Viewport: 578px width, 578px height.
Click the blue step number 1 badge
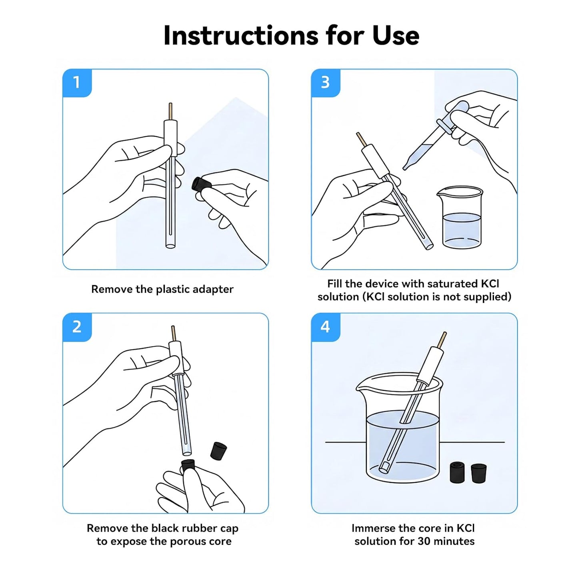(x=77, y=83)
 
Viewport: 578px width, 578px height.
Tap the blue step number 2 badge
(x=77, y=327)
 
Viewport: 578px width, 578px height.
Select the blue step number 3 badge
(x=326, y=83)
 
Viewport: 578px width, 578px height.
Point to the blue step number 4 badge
(x=326, y=327)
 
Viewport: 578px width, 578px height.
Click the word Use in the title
(x=396, y=36)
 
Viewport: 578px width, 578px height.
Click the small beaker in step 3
(x=460, y=218)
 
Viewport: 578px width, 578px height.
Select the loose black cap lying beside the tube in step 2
(x=218, y=451)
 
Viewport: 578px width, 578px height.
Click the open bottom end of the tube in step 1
(x=170, y=246)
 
